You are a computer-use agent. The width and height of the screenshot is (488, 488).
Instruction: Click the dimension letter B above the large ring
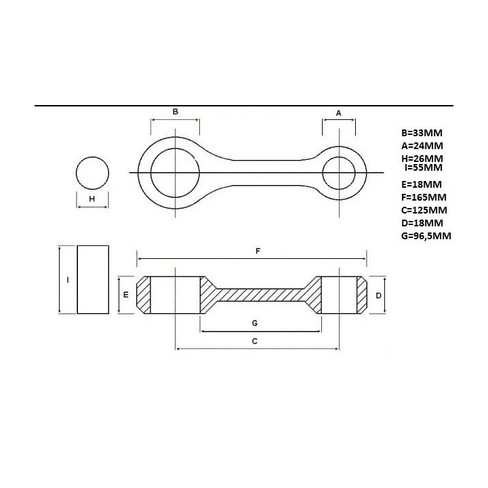[176, 111]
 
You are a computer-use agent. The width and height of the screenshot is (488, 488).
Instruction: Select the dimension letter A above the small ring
[339, 113]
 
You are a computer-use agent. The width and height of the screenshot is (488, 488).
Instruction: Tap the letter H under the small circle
[91, 199]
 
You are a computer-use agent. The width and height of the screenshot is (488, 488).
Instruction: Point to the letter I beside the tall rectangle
[68, 280]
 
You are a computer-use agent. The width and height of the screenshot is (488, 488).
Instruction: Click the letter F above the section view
[258, 251]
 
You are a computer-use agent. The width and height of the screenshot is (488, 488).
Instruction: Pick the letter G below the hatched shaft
[255, 323]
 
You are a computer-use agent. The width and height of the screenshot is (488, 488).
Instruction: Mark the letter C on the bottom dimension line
[255, 342]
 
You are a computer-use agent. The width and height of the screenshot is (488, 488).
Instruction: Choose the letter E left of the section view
[126, 294]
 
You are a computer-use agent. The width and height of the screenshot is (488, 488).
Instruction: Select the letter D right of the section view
[378, 296]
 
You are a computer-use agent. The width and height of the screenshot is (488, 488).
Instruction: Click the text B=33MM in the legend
[422, 133]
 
